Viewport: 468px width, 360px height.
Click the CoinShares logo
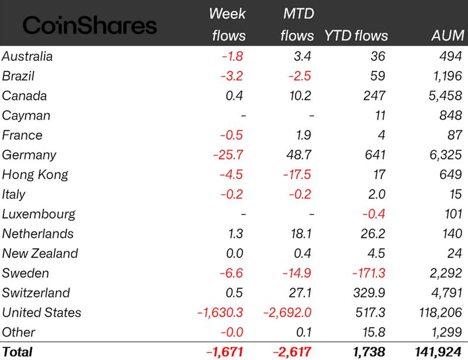[90, 25]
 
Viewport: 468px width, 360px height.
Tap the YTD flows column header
[356, 36]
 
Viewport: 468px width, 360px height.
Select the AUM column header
[448, 36]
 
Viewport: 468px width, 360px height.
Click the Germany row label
[29, 155]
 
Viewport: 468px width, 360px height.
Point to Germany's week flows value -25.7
[228, 155]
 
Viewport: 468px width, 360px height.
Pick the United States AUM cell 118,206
[441, 313]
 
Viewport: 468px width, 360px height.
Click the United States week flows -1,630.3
[221, 313]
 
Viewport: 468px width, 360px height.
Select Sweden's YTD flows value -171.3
[369, 273]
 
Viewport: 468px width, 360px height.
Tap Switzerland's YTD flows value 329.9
[369, 293]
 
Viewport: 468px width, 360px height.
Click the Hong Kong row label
[35, 175]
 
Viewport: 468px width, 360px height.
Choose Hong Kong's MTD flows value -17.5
[297, 175]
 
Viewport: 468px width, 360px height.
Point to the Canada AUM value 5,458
[446, 96]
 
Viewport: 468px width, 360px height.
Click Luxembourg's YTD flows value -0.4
[374, 214]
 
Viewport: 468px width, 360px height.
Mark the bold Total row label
[17, 352]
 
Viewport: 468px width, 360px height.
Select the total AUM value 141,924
[438, 352]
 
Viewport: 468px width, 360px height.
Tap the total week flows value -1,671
[225, 352]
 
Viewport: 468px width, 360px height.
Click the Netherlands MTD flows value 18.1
[301, 234]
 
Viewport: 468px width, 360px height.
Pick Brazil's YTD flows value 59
[378, 76]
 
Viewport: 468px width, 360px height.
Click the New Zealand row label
[40, 254]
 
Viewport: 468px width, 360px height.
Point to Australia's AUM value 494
[451, 56]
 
